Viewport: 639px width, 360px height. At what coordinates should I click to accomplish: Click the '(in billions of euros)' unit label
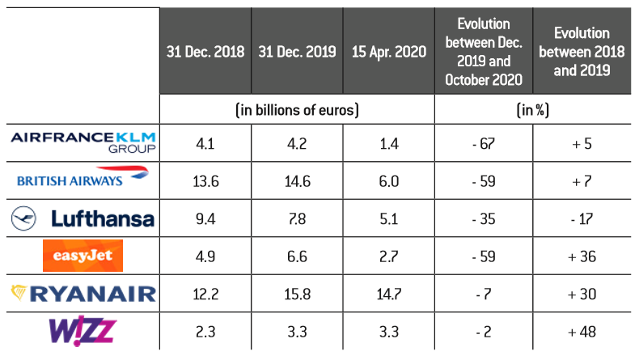[297, 108]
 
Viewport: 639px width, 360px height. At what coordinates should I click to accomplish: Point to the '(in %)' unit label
[535, 108]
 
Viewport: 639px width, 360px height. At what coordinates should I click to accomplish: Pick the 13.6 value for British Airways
[205, 180]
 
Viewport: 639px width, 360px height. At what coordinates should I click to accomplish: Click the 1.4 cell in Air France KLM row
[388, 142]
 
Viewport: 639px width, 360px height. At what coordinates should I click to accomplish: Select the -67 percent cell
[484, 142]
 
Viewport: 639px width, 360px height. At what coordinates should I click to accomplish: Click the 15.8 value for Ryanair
[297, 294]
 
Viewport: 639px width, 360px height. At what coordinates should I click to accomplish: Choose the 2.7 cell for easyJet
[388, 256]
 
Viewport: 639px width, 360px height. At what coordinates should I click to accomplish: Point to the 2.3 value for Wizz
[205, 331]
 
